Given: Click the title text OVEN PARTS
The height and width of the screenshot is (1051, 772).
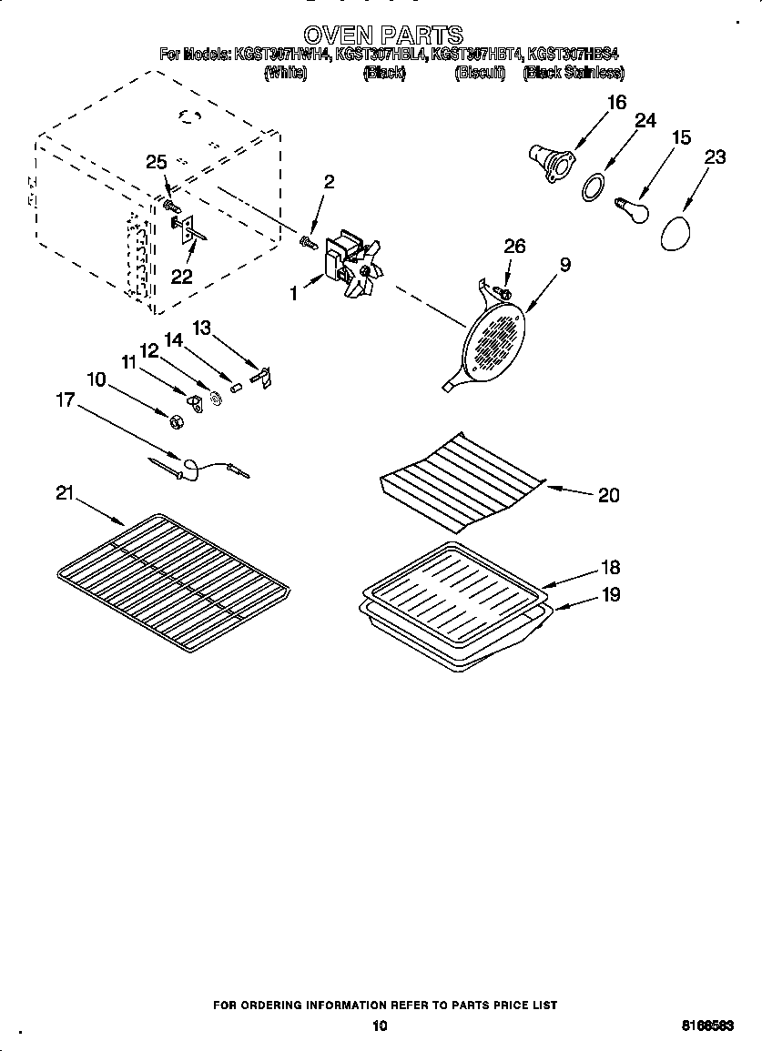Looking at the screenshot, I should [382, 35].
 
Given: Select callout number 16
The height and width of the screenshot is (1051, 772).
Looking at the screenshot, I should [616, 103].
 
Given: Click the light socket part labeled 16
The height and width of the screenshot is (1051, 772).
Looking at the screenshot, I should [549, 159].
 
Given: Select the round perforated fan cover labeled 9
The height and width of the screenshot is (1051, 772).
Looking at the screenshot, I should [494, 342].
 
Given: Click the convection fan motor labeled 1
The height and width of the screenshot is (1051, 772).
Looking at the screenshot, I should [352, 263].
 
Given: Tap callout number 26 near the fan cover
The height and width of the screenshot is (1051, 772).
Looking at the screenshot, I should [514, 246].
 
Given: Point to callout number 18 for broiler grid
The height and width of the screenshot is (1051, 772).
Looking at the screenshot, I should [611, 567].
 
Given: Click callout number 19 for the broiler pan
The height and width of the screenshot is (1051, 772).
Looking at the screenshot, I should [611, 595].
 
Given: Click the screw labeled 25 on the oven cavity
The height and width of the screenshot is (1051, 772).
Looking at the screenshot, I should [170, 193].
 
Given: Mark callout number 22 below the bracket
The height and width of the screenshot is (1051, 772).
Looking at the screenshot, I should [181, 276].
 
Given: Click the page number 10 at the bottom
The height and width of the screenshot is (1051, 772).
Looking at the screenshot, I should [381, 1026].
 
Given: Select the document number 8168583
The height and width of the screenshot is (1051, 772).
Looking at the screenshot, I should [708, 1026].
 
